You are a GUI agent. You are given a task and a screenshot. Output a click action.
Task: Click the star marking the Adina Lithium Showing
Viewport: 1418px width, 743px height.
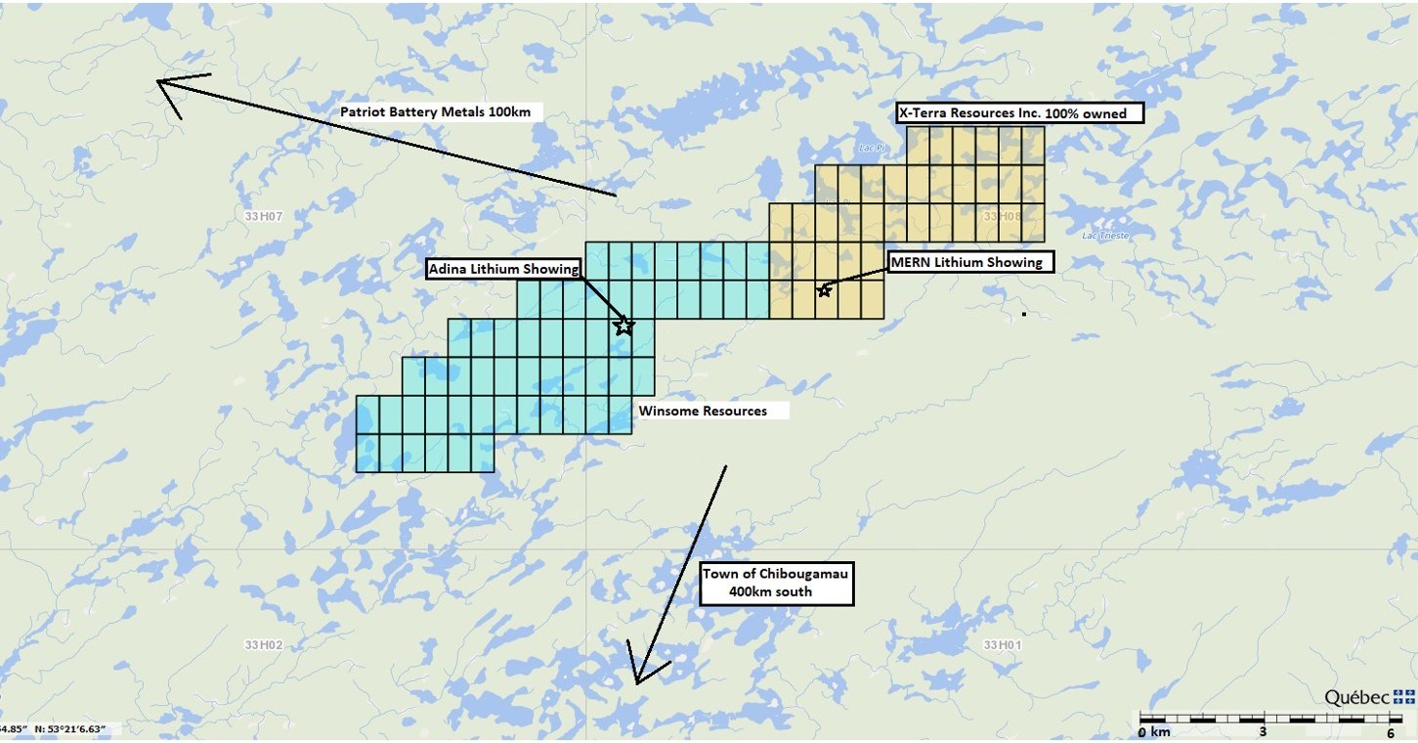(x=624, y=326)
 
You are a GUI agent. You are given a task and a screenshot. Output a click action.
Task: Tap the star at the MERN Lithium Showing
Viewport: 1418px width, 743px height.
(x=824, y=289)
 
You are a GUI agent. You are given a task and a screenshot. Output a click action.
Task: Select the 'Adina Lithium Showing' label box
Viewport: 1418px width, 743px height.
(x=504, y=269)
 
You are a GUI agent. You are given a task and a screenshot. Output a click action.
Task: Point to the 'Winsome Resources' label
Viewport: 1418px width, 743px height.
(x=703, y=411)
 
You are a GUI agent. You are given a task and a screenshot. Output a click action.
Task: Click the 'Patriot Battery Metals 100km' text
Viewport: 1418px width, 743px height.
(x=435, y=111)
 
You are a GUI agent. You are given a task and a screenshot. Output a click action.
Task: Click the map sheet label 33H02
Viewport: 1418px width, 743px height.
(x=263, y=644)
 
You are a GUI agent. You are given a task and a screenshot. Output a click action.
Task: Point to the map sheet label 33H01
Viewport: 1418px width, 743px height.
(x=1002, y=644)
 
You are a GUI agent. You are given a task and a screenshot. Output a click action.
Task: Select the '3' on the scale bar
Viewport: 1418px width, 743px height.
(x=1263, y=731)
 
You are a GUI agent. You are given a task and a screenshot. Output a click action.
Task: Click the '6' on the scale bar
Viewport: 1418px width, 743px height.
(x=1390, y=731)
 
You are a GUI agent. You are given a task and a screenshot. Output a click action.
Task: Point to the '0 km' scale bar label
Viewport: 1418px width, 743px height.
(x=1154, y=731)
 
